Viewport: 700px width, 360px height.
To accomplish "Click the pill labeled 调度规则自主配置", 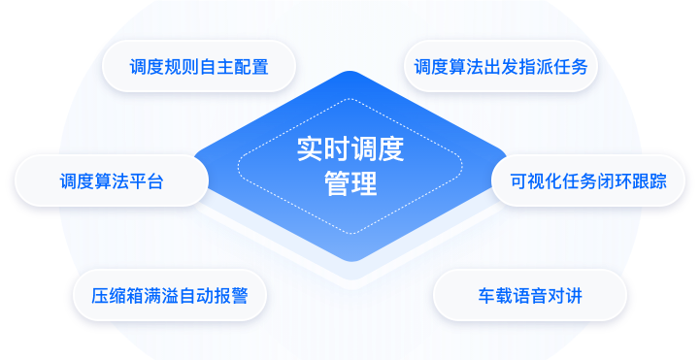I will pyautogui.click(x=199, y=67).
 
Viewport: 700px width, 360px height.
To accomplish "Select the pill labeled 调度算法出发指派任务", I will pyautogui.click(x=499, y=67).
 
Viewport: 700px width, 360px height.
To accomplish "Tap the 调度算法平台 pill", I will pyautogui.click(x=111, y=180).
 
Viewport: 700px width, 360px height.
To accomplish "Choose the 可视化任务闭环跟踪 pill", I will pyautogui.click(x=588, y=180).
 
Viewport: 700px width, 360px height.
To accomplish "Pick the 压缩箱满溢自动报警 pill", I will pyautogui.click(x=170, y=295).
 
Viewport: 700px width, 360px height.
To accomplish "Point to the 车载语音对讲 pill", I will pyautogui.click(x=529, y=295).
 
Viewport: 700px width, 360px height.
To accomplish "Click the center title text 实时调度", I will pyautogui.click(x=350, y=150).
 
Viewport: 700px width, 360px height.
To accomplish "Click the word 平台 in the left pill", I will pyautogui.click(x=146, y=180).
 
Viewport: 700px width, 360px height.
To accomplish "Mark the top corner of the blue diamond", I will pyautogui.click(x=350, y=73).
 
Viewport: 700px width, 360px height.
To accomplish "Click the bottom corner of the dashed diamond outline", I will pyautogui.click(x=350, y=233).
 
